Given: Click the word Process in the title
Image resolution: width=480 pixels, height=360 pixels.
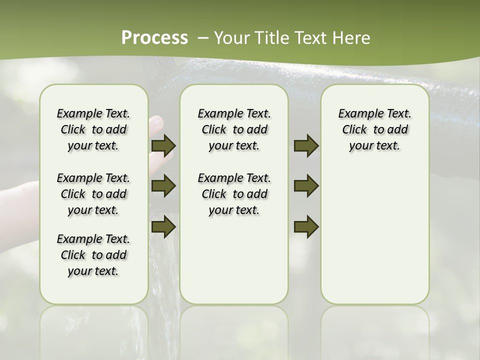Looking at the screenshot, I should click(x=154, y=38).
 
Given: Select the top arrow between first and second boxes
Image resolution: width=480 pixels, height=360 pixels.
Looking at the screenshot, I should click(x=163, y=145).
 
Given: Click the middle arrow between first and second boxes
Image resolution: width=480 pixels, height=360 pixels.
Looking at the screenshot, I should click(x=163, y=186).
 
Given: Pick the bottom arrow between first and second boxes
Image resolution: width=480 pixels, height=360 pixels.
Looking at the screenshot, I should click(x=163, y=226).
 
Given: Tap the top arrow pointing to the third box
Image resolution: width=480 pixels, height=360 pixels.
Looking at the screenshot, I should click(x=306, y=145).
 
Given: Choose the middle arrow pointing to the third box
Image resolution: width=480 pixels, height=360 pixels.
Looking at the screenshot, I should click(x=306, y=186).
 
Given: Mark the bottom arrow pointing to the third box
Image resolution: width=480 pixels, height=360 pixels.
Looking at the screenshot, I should click(x=306, y=226).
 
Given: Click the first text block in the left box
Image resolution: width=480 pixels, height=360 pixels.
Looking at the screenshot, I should click(x=93, y=129).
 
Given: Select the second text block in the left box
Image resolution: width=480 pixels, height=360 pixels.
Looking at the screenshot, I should click(x=93, y=194).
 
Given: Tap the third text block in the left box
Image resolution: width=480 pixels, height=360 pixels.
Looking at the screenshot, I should click(x=93, y=255).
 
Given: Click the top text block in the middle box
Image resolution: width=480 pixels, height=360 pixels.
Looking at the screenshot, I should click(x=234, y=129).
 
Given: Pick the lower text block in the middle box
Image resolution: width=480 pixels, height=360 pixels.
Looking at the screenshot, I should click(x=234, y=194).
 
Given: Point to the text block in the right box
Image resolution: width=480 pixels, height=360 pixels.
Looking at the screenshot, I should click(x=374, y=129).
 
